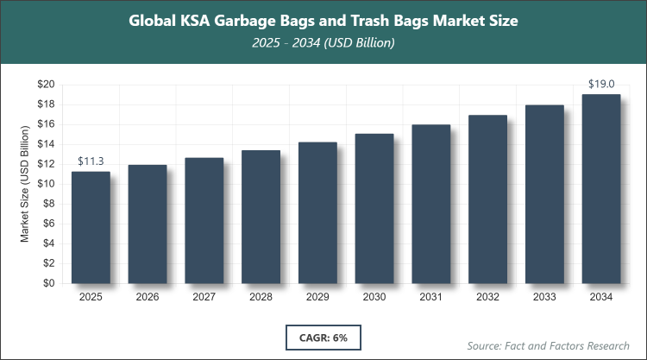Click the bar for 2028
coord(261,217)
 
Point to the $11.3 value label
coord(91,161)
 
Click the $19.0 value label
coord(600,85)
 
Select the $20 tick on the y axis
coord(45,85)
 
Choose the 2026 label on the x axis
coord(148,297)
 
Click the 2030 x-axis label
coord(374,297)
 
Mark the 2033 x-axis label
coord(543,297)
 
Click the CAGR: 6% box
coord(323,338)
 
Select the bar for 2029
coord(317,212)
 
